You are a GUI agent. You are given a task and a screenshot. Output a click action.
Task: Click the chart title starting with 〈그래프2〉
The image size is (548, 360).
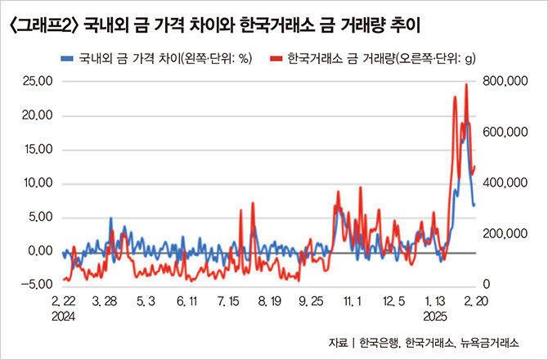coord(214,25)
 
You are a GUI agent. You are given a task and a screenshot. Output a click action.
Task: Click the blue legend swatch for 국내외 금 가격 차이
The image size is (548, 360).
coord(67,58)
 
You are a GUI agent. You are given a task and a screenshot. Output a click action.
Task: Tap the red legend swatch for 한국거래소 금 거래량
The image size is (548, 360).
coord(276,58)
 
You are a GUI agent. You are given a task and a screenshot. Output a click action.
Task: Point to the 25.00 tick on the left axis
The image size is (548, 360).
coord(38,82)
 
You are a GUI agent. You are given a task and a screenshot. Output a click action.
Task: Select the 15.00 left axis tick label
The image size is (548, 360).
coord(38,150)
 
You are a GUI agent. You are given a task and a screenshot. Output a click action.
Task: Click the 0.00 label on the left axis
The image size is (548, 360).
coord(40,251)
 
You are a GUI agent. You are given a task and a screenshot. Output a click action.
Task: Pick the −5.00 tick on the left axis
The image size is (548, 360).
coord(36,285)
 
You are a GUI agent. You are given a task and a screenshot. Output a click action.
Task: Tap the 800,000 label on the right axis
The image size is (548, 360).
coord(505,82)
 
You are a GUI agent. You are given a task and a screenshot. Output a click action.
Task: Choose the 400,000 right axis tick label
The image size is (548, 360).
coord(505,182)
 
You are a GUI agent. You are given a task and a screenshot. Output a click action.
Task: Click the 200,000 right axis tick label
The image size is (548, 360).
coord(505,234)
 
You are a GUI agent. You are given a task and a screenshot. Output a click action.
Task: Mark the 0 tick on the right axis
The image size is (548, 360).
coord(487,285)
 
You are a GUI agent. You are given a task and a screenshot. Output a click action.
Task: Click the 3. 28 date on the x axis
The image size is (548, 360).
coord(105,301)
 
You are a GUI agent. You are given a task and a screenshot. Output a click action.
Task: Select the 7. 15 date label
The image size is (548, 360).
coord(228,301)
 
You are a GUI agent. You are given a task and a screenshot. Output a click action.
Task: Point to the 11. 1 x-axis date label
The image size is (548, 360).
coord(353,301)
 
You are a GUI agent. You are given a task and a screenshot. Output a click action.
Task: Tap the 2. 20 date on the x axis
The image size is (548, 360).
coord(475,301)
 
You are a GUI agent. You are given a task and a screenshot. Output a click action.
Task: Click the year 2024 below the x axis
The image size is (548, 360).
coord(64,317)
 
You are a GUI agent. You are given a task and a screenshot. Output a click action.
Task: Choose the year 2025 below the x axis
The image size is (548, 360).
coord(435,317)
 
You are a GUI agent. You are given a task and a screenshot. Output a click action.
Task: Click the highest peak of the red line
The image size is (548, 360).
coord(466,84)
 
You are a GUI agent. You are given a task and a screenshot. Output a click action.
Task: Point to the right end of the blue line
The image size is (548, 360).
coord(474,205)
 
